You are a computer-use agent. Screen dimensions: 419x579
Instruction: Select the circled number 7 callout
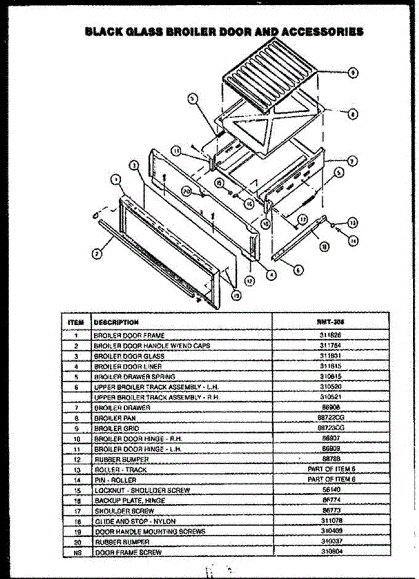point(352,161)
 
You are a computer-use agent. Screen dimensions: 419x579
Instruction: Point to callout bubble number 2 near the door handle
point(97,253)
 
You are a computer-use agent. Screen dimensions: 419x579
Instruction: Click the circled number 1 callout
point(115,179)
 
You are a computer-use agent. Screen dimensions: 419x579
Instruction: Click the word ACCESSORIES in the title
point(321,32)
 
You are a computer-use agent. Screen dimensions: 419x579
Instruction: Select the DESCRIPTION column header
point(116,322)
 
